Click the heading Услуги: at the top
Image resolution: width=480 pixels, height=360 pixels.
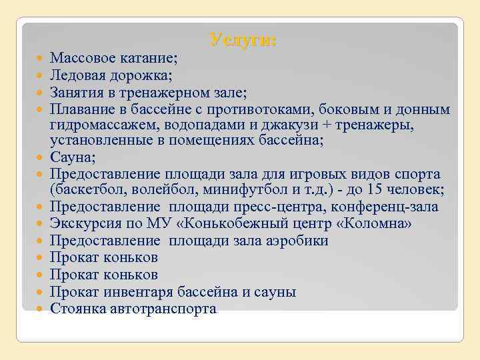point(243,40)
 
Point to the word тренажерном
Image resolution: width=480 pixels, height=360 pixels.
point(156,91)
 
